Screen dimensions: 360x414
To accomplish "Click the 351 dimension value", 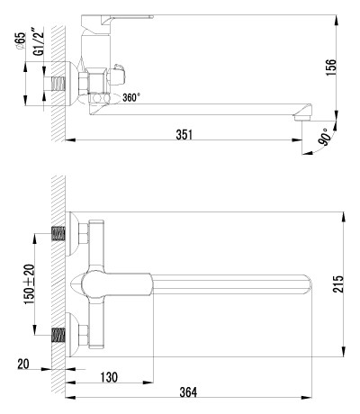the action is pos(184,134).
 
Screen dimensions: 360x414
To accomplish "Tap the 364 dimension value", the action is pos(188,392).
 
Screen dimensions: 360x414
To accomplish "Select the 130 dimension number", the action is pos(109,377).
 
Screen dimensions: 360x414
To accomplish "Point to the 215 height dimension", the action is pos(337,283).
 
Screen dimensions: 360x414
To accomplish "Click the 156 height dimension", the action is pos(331,67).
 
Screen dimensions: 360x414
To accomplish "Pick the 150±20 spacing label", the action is pos(30,284).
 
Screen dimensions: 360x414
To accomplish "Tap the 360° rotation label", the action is pos(131,97).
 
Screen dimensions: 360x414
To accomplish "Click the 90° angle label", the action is pos(325,137).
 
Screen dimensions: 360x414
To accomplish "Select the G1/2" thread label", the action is pos(39,41).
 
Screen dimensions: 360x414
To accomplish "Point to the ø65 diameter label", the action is pos(22,40).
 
